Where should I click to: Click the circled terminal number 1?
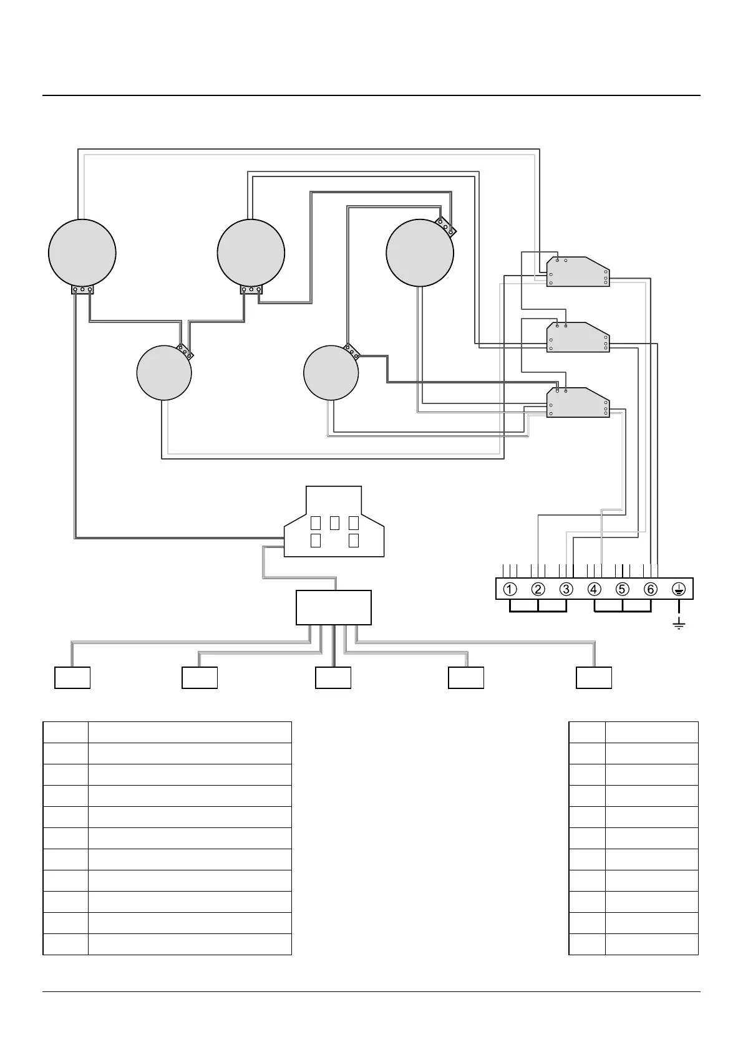click(x=510, y=589)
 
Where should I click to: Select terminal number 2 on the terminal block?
click(x=538, y=589)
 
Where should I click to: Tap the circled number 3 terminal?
click(x=566, y=589)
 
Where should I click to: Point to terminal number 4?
click(x=594, y=589)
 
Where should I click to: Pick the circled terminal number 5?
click(x=622, y=589)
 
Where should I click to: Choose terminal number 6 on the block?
click(x=650, y=589)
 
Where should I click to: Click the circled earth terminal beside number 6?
click(x=678, y=589)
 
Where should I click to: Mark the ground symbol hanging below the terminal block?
click(x=678, y=624)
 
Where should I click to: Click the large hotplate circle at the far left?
click(x=82, y=253)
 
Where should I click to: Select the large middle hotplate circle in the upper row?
click(x=251, y=253)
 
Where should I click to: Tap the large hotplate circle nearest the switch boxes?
click(x=420, y=253)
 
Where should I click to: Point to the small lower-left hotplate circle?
click(x=164, y=373)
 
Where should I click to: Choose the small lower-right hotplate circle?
click(x=331, y=373)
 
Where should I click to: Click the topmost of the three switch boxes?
click(x=578, y=272)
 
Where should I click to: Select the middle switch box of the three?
click(x=578, y=337)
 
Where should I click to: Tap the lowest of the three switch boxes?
click(x=578, y=403)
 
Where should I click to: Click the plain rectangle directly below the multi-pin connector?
click(x=333, y=607)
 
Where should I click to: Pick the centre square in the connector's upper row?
click(x=334, y=523)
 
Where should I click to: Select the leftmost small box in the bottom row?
click(x=72, y=678)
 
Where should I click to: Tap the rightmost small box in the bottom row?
click(x=593, y=678)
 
